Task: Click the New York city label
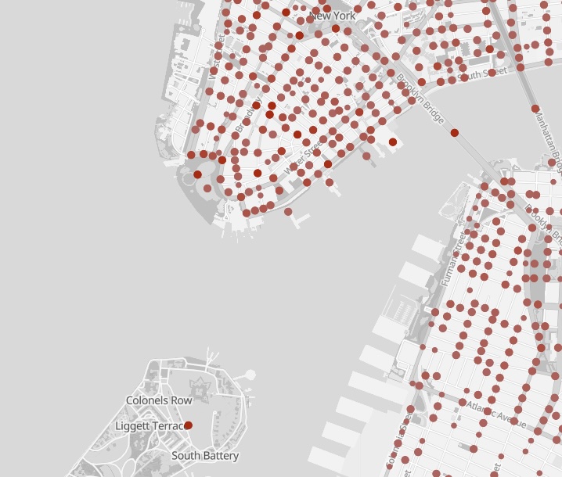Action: [x=333, y=16]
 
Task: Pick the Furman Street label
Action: [x=453, y=257]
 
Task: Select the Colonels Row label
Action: [x=159, y=400]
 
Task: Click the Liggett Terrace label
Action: [x=149, y=426]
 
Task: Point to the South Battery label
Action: [x=205, y=456]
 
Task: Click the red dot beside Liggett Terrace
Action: [x=188, y=425]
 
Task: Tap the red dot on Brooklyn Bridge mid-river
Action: [x=455, y=133]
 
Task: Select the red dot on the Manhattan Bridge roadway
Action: [x=535, y=109]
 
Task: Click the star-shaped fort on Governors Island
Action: [x=200, y=387]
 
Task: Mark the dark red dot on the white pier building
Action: [x=392, y=142]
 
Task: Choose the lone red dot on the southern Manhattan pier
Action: [x=288, y=212]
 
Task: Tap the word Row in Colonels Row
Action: [x=182, y=400]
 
